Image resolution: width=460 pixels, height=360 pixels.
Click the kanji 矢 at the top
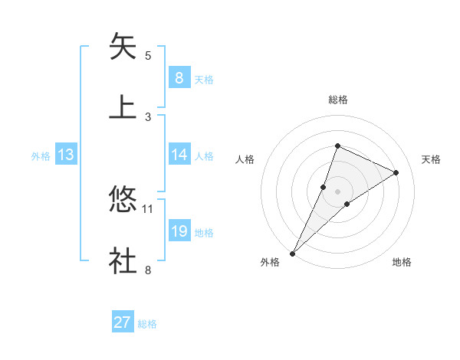[x=123, y=47]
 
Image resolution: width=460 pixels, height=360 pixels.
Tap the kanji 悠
[x=123, y=201]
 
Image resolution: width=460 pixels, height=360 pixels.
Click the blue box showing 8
[x=179, y=78]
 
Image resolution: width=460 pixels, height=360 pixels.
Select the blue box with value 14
[x=179, y=155]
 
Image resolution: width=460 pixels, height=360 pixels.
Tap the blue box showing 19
[x=179, y=231]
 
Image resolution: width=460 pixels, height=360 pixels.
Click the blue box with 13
[x=65, y=155]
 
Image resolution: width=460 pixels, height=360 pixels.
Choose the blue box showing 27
[x=123, y=322]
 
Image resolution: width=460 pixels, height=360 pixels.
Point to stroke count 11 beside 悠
[x=148, y=208]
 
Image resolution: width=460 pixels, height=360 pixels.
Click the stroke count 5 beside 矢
[x=148, y=55]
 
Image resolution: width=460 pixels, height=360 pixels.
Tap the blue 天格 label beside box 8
[x=204, y=79]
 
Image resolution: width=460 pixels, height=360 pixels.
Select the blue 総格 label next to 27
[x=147, y=324]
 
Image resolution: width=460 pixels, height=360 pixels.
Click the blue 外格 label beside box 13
[x=41, y=155]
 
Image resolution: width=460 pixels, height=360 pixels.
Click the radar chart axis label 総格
[x=337, y=100]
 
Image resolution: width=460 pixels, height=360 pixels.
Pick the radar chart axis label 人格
[x=245, y=159]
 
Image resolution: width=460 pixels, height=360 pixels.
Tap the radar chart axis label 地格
[x=402, y=263]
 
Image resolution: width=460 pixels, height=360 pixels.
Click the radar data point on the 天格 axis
[x=396, y=172]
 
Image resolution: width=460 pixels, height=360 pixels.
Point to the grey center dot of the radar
[x=337, y=191]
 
